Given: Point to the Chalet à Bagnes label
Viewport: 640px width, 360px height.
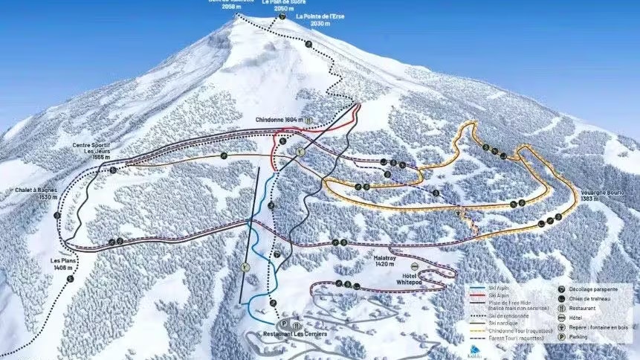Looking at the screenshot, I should pos(35,193).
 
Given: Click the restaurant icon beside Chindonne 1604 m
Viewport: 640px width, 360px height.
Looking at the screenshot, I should pos(308,119).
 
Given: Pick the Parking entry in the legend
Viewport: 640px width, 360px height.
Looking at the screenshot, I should pos(578,337).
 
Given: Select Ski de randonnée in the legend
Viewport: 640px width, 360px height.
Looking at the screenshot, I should pos(508,315).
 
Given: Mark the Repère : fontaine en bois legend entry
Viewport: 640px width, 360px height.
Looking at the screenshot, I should pos(595,327).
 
